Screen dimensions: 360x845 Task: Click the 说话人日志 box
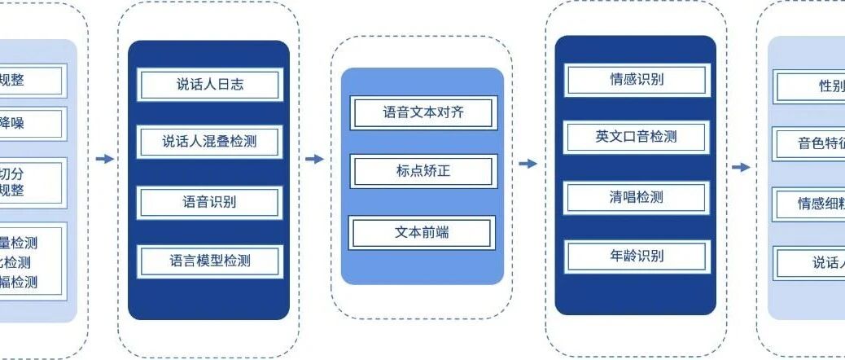[209, 85]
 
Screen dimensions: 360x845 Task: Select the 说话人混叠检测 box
[209, 143]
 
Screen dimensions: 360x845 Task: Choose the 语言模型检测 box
[209, 261]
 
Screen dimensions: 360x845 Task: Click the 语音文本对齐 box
[422, 112]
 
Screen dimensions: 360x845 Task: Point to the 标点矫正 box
[422, 172]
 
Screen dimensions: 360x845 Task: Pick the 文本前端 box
[422, 233]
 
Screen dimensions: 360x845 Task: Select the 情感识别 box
[637, 80]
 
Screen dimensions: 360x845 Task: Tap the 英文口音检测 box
[637, 137]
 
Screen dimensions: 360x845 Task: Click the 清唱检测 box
[637, 197]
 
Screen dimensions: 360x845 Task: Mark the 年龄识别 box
[637, 256]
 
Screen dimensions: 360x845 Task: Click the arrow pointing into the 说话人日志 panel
[105, 159]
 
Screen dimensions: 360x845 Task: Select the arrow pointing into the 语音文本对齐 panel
[314, 159]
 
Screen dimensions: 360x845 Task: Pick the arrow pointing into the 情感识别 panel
[528, 164]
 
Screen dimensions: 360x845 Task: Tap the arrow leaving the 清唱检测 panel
[740, 168]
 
